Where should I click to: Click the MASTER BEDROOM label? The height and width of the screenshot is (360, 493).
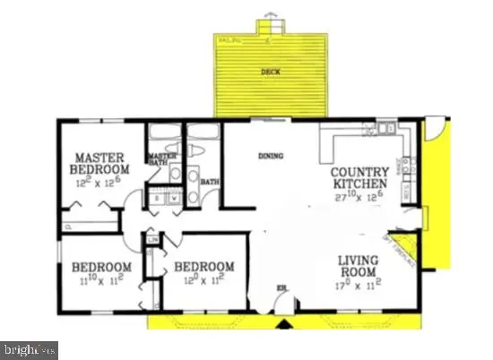103,162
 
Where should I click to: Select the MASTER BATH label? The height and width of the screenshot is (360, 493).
158,159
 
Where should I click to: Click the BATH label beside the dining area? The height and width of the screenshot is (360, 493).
210,183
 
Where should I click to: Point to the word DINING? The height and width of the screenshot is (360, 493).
270,156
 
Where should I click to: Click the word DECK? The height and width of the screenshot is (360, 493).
266,71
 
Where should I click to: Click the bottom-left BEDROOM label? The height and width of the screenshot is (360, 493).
100,267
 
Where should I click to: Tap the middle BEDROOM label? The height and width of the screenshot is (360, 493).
204,267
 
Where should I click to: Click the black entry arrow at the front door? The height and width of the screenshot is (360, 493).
284,324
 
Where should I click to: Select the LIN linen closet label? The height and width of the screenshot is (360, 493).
153,242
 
